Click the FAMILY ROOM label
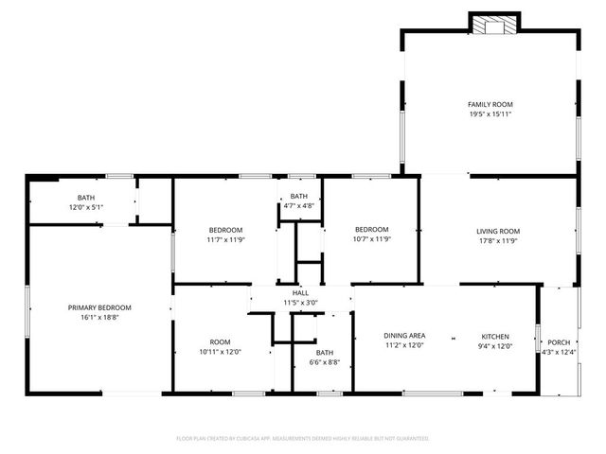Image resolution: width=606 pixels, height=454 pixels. (x=490, y=104)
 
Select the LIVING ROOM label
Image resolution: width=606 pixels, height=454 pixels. (x=497, y=231)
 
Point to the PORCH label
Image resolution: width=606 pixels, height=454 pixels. (x=559, y=342)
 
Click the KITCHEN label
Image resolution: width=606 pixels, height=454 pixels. (x=495, y=337)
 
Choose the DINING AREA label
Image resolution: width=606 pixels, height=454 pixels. (x=404, y=336)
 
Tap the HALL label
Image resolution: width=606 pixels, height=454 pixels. (x=300, y=293)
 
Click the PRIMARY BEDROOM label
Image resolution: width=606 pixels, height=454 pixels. (x=99, y=308)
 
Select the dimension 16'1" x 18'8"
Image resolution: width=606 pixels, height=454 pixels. (x=99, y=318)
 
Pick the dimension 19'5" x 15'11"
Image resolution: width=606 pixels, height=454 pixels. (x=490, y=113)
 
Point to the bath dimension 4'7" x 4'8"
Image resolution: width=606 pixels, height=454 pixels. (x=299, y=205)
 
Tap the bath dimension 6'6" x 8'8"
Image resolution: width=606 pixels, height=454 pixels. (x=325, y=362)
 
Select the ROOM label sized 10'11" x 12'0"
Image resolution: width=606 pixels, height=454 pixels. (x=221, y=342)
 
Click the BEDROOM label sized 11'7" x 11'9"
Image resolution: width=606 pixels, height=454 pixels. (x=226, y=230)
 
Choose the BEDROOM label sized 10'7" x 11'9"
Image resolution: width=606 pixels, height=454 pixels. (x=372, y=229)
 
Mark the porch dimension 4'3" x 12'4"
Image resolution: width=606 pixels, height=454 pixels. (x=560, y=352)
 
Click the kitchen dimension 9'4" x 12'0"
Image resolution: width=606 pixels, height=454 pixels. (x=495, y=346)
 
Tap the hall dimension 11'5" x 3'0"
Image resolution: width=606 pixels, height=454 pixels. (x=300, y=303)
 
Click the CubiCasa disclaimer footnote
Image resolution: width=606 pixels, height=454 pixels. (x=303, y=439)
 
